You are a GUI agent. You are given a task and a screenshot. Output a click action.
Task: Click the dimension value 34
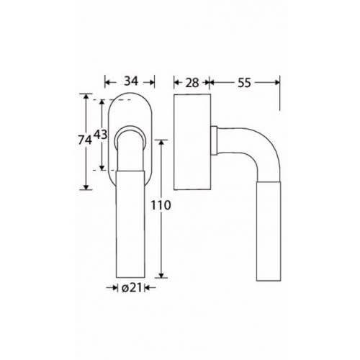131,81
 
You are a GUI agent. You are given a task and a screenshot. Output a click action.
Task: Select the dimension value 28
192,83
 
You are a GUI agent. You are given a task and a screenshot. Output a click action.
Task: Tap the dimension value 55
244,83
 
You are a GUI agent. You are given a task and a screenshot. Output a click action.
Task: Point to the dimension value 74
85,140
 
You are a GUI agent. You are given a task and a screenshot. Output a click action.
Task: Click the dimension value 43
100,135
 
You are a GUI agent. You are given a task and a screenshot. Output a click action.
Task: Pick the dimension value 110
161,205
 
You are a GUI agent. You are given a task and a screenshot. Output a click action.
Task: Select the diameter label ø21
132,288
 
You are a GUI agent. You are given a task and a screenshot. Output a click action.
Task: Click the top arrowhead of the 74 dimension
86,96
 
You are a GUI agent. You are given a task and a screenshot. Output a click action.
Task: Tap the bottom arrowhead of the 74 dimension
86,187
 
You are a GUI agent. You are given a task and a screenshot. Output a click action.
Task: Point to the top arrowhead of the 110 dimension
161,143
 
